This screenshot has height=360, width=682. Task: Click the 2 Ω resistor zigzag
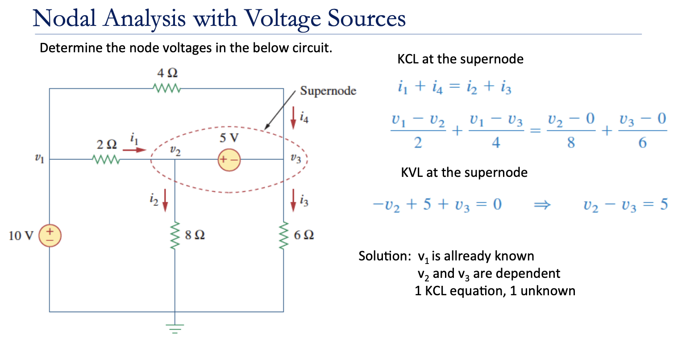[105, 159]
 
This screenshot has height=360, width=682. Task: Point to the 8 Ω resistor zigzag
[175, 235]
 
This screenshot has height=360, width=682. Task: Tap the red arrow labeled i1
[134, 150]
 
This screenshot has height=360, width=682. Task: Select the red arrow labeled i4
[293, 117]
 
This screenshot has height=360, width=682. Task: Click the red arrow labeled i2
[165, 199]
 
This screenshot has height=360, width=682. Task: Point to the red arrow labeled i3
[293, 199]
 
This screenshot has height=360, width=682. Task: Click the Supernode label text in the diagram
[328, 91]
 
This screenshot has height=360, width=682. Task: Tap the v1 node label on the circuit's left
[39, 158]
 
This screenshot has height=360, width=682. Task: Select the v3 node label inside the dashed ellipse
[295, 158]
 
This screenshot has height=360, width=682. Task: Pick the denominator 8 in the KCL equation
[571, 143]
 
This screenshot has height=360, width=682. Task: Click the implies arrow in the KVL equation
[542, 205]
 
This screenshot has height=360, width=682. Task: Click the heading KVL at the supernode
[464, 172]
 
